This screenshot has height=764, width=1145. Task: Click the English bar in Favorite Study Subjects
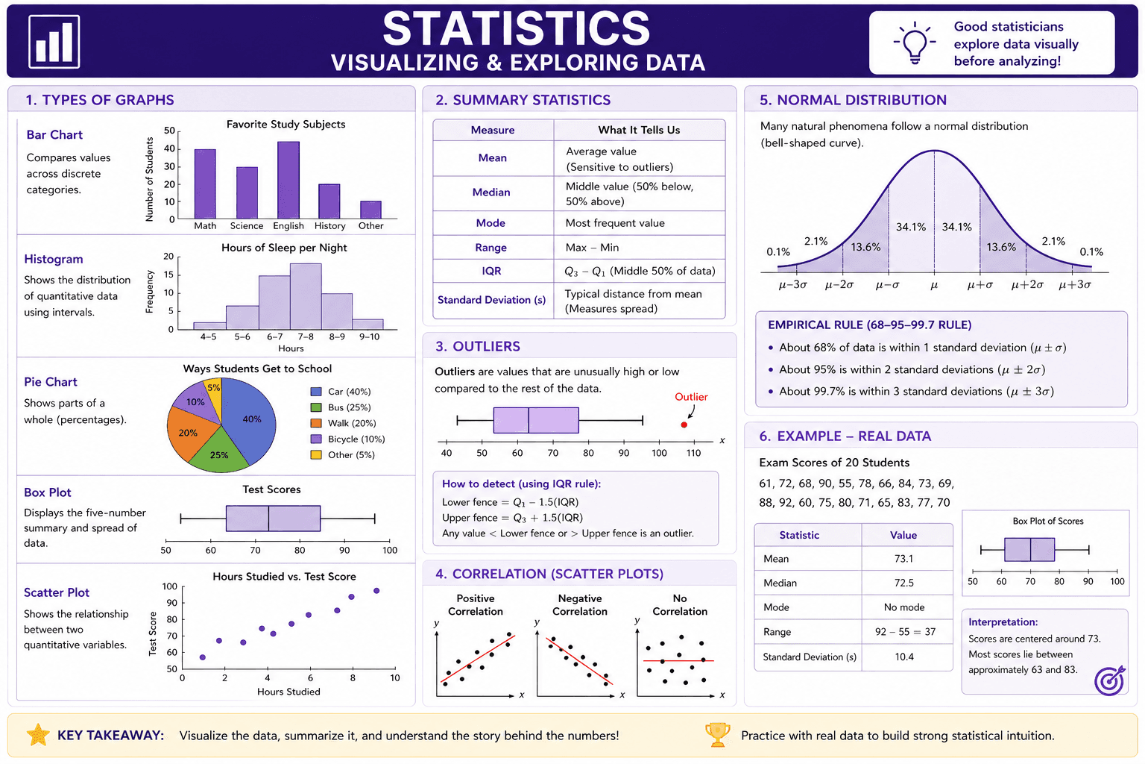pyautogui.click(x=288, y=180)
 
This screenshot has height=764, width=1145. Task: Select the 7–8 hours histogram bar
pyautogui.click(x=306, y=296)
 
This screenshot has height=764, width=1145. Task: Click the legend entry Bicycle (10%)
pyautogui.click(x=347, y=439)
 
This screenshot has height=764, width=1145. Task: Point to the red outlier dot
pyautogui.click(x=684, y=425)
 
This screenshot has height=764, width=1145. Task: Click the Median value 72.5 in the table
pyautogui.click(x=903, y=583)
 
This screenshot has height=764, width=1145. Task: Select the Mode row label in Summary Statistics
pyautogui.click(x=491, y=223)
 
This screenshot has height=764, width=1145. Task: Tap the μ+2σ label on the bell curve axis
pyautogui.click(x=1027, y=285)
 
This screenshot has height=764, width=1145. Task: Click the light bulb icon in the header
pyautogui.click(x=915, y=43)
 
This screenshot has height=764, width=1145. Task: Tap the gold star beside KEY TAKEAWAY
pyautogui.click(x=38, y=735)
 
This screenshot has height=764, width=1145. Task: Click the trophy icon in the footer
pyautogui.click(x=718, y=735)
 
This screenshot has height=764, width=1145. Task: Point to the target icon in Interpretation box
pyautogui.click(x=1109, y=680)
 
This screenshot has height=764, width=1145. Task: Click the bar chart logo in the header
pyautogui.click(x=54, y=42)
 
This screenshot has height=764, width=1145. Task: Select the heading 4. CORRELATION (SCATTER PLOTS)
pyautogui.click(x=549, y=574)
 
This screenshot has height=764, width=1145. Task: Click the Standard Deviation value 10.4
pyautogui.click(x=903, y=657)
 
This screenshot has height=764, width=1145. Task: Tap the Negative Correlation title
pyautogui.click(x=580, y=605)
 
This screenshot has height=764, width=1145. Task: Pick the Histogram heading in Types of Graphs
pyautogui.click(x=54, y=259)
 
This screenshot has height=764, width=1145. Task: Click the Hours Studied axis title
pyautogui.click(x=288, y=692)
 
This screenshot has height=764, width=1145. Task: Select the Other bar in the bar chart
pyautogui.click(x=370, y=210)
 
